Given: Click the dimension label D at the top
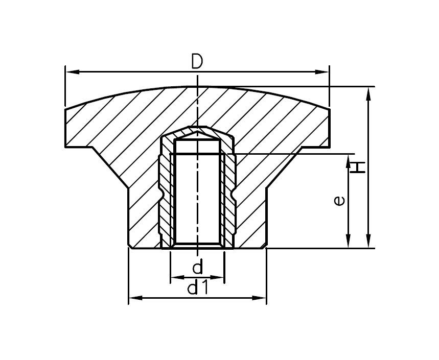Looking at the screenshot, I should pos(197,62).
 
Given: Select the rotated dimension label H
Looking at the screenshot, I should pos(358,167).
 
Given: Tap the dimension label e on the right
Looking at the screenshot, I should pos(339,201).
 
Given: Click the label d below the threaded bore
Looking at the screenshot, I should pos(198,267).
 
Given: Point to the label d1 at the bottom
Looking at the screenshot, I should pos(197,289).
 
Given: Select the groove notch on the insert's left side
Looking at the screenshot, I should pos(161,195).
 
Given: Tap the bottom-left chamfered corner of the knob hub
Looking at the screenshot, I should pos(130,246).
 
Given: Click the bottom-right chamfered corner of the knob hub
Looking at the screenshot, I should pos(265,246).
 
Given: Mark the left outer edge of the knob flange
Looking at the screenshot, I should pos(65,128).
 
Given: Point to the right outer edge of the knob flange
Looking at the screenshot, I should pos(330,128).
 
